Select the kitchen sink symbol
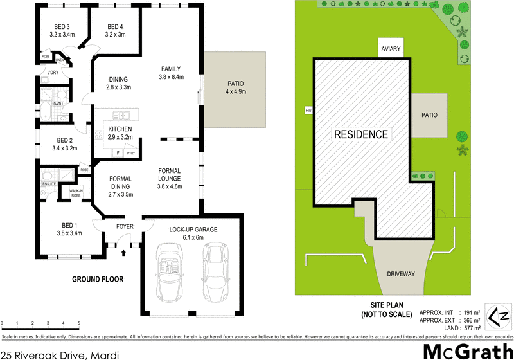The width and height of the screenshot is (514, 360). point(122,116)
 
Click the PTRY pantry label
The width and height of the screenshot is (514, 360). point(130,153)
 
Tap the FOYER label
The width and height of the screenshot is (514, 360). point(124,226)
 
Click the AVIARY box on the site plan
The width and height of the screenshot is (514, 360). point(391,49)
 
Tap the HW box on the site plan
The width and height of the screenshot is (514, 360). point(308,111)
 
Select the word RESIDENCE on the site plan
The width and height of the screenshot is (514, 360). point(360,134)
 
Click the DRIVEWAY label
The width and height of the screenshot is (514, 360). point(400,274)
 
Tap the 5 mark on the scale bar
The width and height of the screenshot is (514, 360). point(79,323)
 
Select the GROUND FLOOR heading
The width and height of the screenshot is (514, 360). point(97,280)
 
